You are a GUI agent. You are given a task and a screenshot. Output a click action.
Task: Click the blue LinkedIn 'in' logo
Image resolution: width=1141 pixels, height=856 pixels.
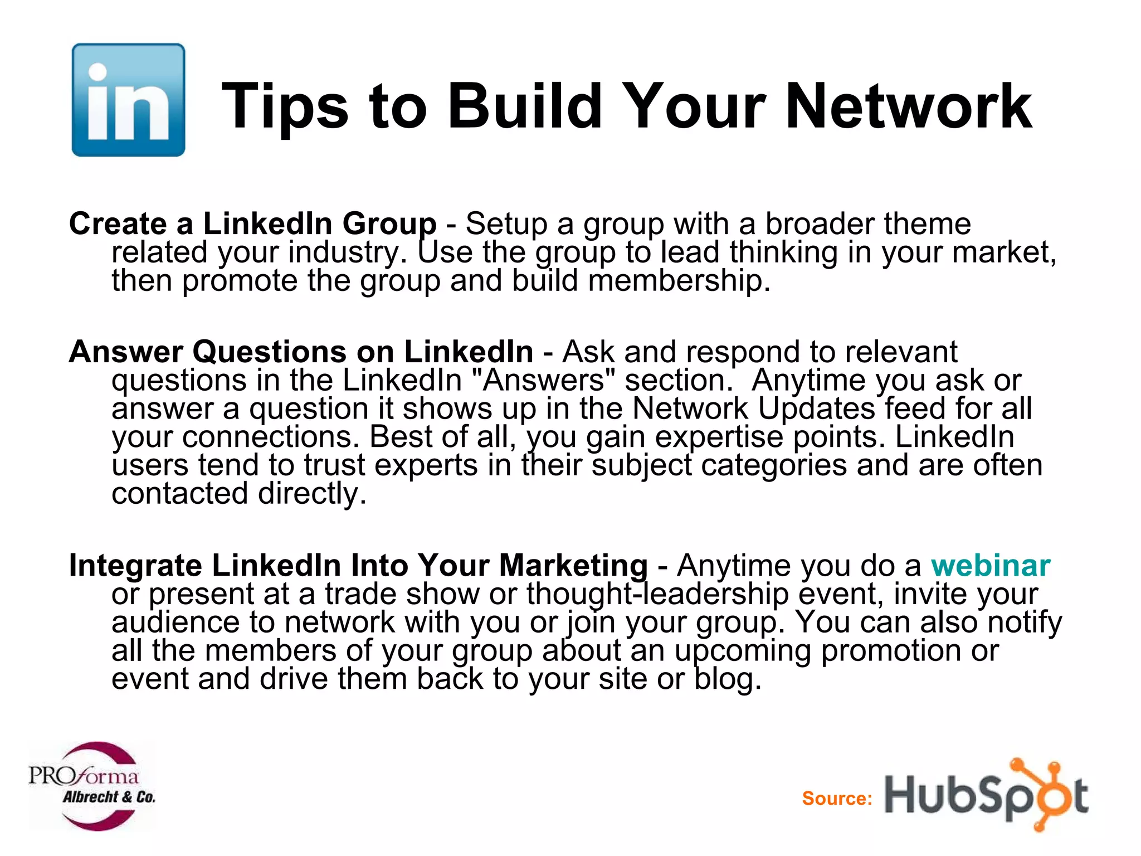(x=128, y=100)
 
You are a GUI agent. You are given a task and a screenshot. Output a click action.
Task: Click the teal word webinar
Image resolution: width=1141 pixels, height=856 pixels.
(x=991, y=565)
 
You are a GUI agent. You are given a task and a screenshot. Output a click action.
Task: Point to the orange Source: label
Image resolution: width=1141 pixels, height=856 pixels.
(x=837, y=798)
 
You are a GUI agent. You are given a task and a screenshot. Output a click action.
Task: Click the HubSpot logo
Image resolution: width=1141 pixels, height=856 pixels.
(x=986, y=795)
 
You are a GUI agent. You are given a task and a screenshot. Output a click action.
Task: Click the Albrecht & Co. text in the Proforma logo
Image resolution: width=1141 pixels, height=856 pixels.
(x=109, y=797)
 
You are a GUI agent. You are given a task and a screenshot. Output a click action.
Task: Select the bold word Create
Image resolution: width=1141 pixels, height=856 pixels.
(x=118, y=223)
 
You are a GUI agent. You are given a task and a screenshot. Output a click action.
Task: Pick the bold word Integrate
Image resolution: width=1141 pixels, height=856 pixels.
(x=135, y=565)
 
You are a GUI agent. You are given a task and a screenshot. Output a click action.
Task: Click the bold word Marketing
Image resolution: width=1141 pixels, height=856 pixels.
(x=573, y=565)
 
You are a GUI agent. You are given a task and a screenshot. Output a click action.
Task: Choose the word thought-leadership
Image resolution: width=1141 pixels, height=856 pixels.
(x=657, y=594)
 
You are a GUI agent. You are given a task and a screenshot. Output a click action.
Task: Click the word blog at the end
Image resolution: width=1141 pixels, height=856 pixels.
(x=726, y=679)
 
